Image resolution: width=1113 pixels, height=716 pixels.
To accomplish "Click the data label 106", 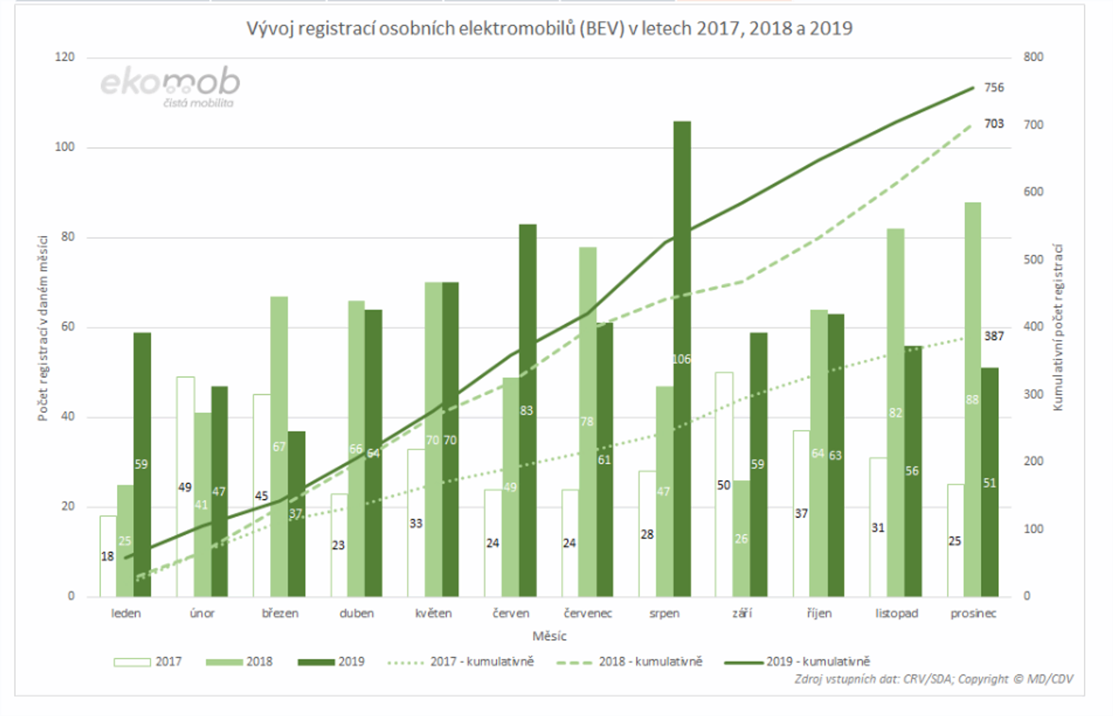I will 681,359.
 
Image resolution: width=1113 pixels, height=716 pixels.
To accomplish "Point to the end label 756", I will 994,88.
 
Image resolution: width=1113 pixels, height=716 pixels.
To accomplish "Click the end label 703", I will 994,124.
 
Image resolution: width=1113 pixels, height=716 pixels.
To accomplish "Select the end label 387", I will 994,336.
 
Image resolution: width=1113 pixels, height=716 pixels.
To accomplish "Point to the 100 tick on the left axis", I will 64,147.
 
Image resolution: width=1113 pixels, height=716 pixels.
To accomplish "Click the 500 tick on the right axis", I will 1033,260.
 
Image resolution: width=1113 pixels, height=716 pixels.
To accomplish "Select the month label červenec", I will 588,614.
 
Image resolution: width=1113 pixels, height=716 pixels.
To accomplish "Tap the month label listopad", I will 896,614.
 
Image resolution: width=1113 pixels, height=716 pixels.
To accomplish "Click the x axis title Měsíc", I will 549,636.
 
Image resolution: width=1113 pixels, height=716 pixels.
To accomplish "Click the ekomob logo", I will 170,86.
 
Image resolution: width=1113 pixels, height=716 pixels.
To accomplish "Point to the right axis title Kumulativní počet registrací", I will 1058,327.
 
